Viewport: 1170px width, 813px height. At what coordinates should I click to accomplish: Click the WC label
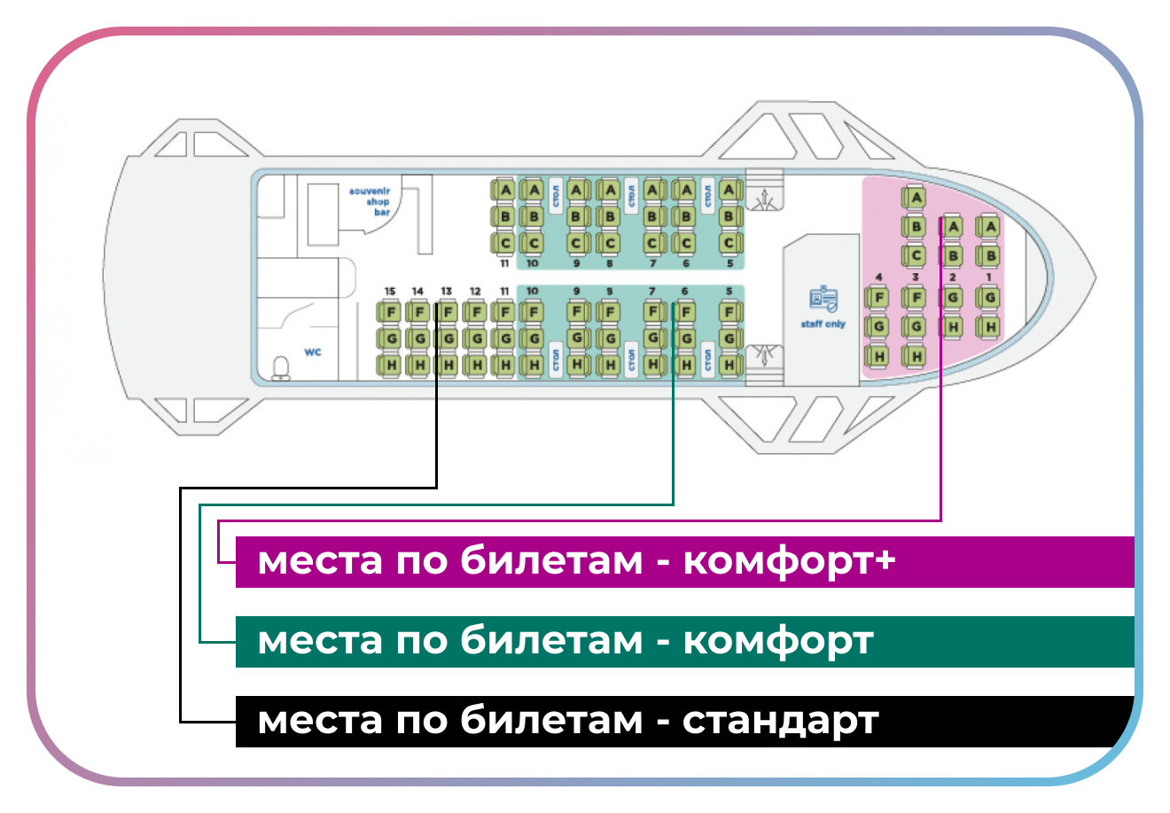click(x=313, y=352)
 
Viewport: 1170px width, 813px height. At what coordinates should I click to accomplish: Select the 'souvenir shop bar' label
click(x=370, y=201)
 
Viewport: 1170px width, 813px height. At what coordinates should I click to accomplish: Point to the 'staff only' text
click(x=823, y=324)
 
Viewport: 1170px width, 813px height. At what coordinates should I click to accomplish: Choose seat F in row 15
click(x=390, y=312)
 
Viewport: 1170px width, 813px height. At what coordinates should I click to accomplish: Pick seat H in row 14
click(x=418, y=364)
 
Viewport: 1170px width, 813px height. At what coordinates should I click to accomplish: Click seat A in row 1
click(x=990, y=227)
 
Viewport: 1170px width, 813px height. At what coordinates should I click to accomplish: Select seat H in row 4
click(x=878, y=356)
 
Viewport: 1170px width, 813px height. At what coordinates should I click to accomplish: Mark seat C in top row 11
click(x=504, y=243)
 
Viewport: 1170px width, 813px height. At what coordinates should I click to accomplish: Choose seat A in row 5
click(x=729, y=190)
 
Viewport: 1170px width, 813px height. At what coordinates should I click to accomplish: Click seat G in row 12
click(x=476, y=339)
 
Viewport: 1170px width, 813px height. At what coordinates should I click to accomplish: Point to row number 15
click(x=390, y=291)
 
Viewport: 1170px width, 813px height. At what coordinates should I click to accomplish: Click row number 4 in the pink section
click(x=878, y=278)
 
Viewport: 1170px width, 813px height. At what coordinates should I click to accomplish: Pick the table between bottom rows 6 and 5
click(x=707, y=359)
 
